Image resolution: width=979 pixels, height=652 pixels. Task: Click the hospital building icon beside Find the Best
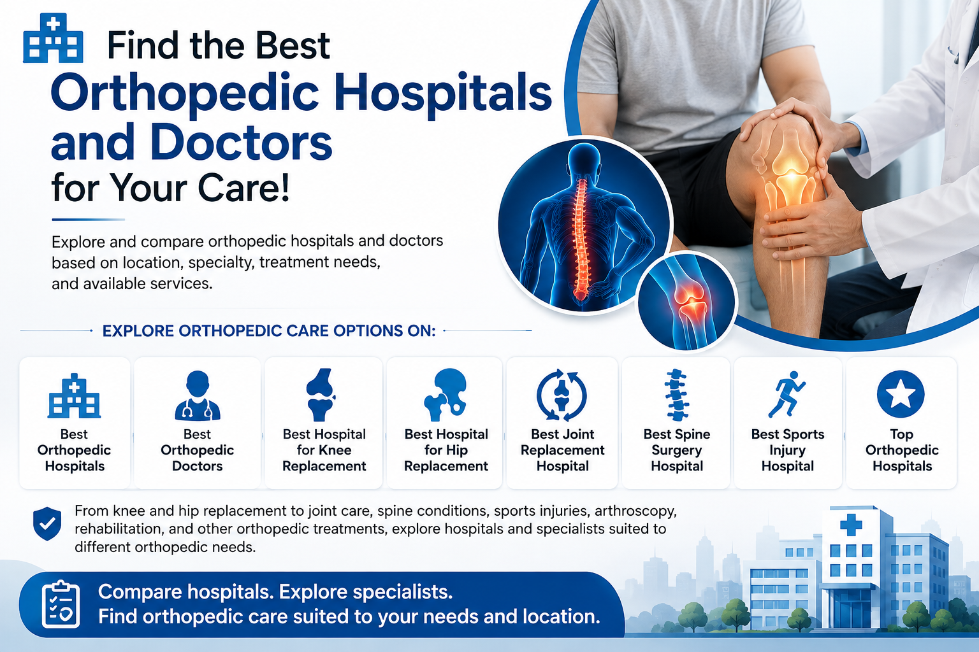tap(53, 38)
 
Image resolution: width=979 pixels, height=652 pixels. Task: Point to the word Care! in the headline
tap(243, 188)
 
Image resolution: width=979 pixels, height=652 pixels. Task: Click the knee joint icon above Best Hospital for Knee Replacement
tap(321, 395)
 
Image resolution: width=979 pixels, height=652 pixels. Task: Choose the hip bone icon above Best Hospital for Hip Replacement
tap(445, 395)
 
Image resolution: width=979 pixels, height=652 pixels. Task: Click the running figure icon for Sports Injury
tap(787, 394)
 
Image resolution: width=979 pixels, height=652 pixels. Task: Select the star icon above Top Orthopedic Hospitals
tap(901, 394)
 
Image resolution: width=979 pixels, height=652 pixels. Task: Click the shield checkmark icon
tap(47, 523)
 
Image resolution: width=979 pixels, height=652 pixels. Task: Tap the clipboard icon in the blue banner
tap(61, 604)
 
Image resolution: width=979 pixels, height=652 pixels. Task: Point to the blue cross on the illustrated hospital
tap(851, 525)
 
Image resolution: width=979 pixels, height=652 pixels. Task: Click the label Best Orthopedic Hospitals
tap(75, 450)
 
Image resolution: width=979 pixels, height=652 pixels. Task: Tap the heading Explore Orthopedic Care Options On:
tap(269, 331)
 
